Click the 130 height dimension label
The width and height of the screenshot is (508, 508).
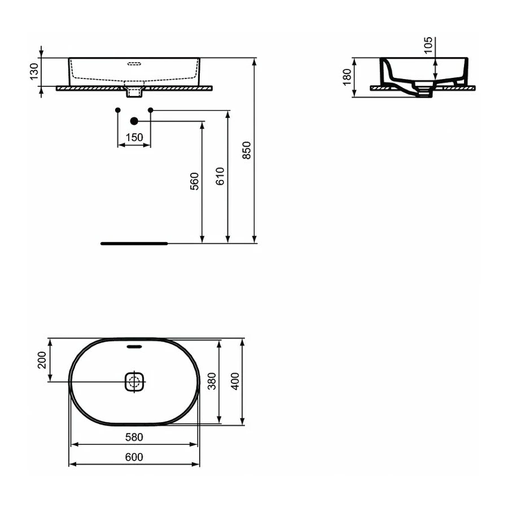click(34, 72)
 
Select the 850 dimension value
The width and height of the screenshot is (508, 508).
click(247, 150)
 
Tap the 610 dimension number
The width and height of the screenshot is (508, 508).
click(220, 177)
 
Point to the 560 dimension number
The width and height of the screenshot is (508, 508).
click(195, 181)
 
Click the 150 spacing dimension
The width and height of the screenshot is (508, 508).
click(134, 138)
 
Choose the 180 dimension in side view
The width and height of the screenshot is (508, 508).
click(347, 77)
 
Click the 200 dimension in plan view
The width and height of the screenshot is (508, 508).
click(41, 360)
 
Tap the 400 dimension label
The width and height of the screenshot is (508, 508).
click(236, 382)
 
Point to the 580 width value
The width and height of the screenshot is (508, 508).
click(134, 437)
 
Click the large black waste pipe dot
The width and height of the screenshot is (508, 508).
click(134, 121)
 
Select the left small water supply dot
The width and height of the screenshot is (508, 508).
click(117, 109)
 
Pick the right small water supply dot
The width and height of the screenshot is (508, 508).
click(151, 109)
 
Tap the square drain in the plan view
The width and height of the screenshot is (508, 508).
click(134, 382)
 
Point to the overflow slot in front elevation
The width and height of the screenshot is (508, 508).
click(134, 63)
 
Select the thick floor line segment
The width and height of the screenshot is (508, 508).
click(134, 243)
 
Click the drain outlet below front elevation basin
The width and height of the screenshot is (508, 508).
click(134, 91)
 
